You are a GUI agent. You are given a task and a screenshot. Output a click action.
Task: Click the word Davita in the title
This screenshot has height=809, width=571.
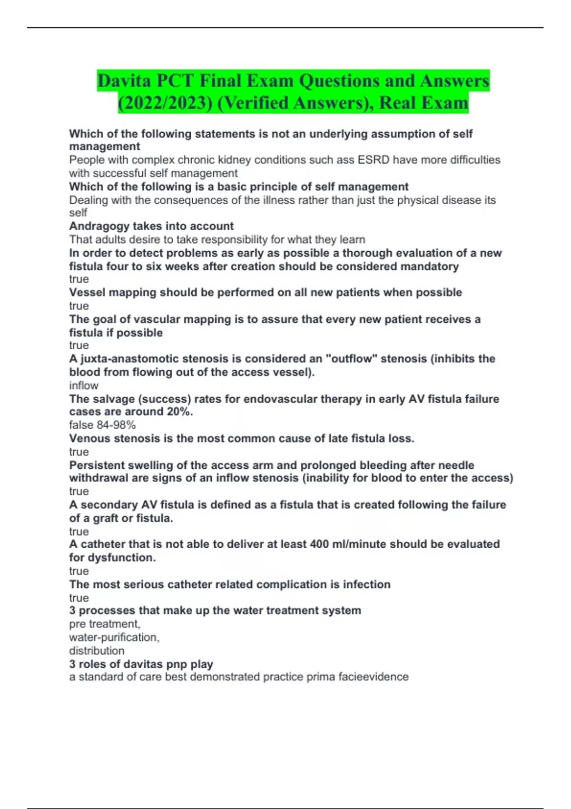tap(124, 81)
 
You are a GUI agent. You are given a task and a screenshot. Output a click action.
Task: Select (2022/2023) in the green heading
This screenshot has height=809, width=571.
tap(165, 103)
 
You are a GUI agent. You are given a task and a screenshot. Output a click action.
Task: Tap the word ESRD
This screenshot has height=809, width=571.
tap(371, 160)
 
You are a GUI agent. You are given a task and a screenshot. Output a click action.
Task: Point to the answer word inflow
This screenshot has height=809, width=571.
tap(84, 385)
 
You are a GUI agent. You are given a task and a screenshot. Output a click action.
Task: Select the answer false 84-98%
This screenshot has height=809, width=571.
tap(102, 425)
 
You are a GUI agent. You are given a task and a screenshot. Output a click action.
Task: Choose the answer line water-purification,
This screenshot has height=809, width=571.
tap(114, 637)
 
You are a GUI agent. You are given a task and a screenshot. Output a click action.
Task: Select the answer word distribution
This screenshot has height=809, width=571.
tap(97, 651)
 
